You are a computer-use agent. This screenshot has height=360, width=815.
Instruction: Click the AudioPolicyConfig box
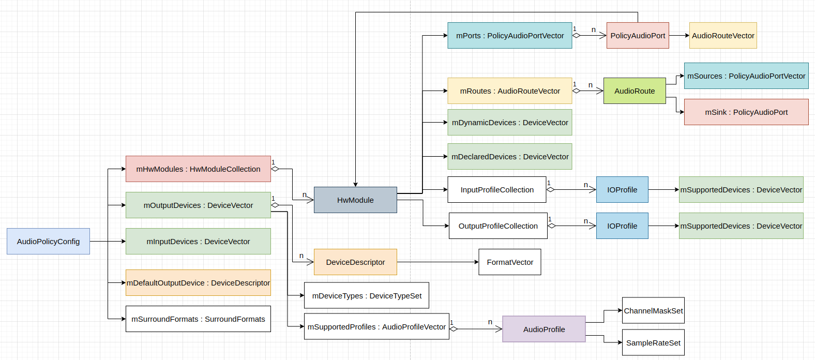click(x=48, y=242)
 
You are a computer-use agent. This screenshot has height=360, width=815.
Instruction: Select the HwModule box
click(x=355, y=200)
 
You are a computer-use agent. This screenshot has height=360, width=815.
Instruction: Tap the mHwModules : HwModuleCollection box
click(x=198, y=169)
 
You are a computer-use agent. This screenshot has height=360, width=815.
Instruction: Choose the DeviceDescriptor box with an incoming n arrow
click(x=355, y=262)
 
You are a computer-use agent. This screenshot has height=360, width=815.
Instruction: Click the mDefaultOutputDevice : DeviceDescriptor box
click(x=198, y=283)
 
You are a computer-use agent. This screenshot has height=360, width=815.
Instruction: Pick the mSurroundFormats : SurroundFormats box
click(x=198, y=319)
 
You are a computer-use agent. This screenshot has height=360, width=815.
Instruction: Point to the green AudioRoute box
click(x=635, y=91)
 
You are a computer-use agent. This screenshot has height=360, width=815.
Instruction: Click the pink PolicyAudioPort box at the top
click(x=638, y=36)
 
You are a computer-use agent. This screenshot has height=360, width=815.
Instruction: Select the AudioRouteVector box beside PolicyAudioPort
click(x=723, y=36)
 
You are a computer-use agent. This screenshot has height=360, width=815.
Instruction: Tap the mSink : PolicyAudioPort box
click(x=746, y=112)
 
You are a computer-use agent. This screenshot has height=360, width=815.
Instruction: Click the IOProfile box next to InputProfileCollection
click(x=622, y=190)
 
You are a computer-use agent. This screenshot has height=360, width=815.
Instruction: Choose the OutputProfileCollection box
click(x=498, y=226)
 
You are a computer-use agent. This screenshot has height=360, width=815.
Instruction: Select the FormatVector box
click(x=510, y=262)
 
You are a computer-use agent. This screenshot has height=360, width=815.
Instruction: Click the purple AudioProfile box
click(x=544, y=329)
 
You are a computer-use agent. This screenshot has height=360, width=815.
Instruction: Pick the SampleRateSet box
click(x=653, y=343)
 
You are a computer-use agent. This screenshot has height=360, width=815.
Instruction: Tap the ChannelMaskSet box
click(x=653, y=311)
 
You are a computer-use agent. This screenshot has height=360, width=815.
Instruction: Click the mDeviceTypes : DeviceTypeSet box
click(x=367, y=296)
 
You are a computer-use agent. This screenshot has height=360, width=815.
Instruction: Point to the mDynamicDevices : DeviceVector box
click(x=510, y=123)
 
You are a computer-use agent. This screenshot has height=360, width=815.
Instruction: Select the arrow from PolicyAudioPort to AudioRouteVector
click(x=679, y=36)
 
